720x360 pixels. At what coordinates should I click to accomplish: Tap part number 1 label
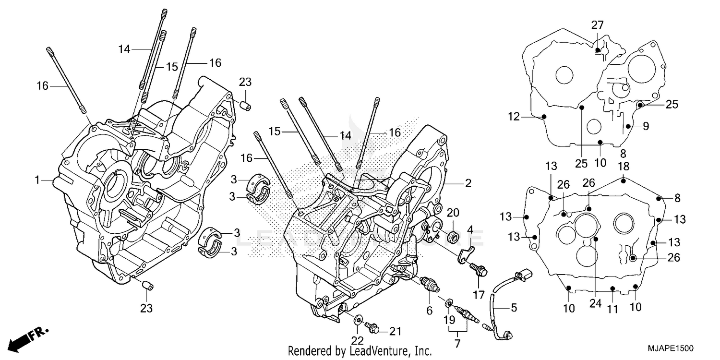(37, 180)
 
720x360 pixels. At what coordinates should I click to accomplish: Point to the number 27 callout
(597, 25)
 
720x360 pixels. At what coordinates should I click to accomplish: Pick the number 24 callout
(595, 303)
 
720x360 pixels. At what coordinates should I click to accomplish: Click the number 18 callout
(623, 166)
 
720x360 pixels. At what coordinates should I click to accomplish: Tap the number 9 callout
(646, 126)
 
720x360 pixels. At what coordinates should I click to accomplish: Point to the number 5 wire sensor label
(514, 308)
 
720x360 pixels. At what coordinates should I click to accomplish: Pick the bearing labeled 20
(452, 236)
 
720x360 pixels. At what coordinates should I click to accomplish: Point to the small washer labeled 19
(449, 302)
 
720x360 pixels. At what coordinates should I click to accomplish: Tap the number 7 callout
(457, 343)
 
